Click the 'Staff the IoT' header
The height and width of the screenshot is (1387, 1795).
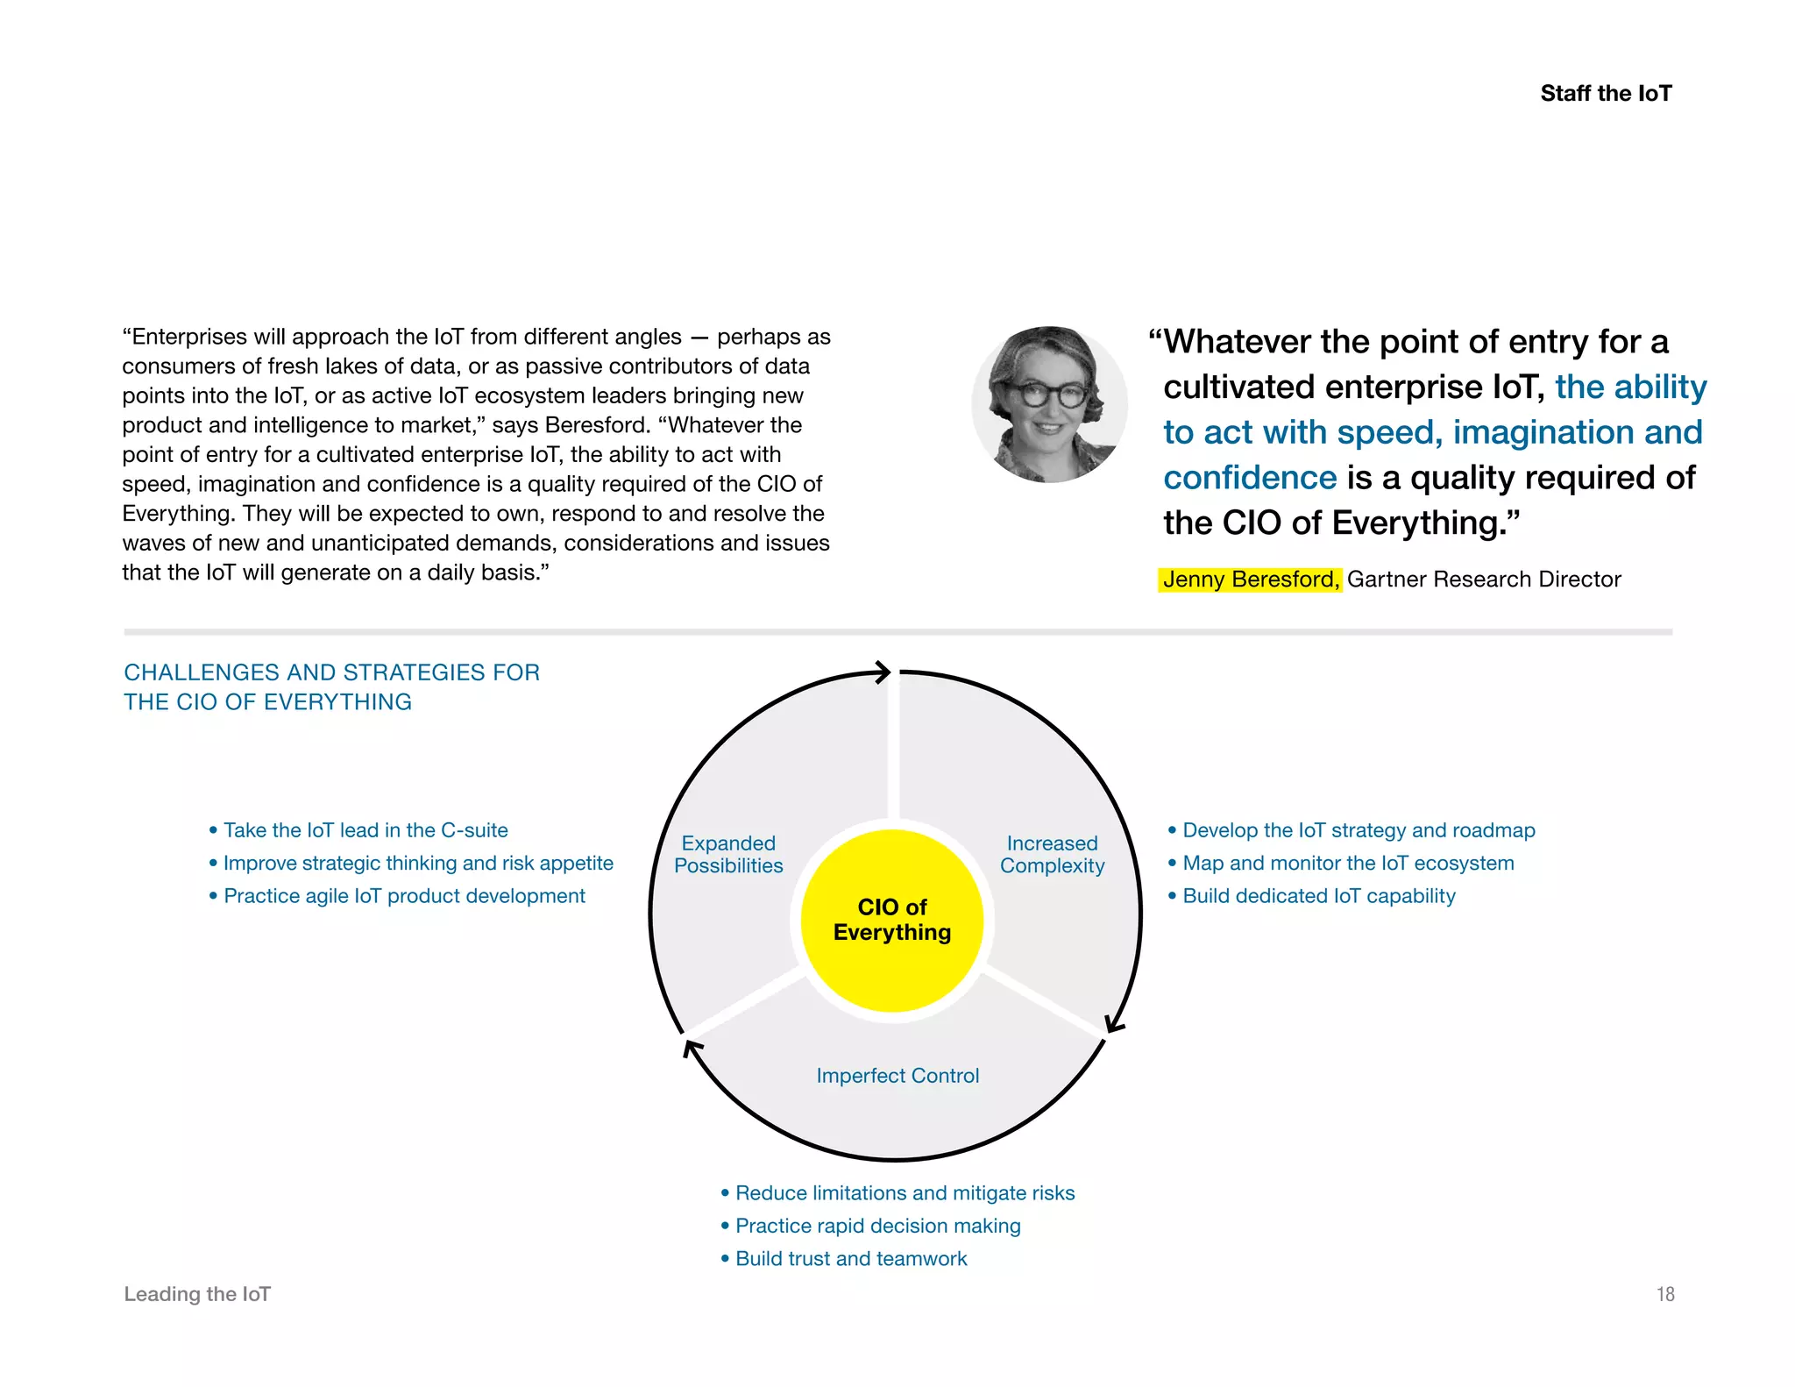click(1606, 93)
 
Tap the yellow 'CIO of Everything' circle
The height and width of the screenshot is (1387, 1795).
click(892, 920)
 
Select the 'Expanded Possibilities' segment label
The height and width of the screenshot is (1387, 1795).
click(728, 854)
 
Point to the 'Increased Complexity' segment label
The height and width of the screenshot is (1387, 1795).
click(1052, 854)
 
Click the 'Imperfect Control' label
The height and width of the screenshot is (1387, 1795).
click(897, 1075)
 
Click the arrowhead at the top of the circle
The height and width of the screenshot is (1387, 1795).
click(883, 672)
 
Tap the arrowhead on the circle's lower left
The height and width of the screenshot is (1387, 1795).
click(692, 1047)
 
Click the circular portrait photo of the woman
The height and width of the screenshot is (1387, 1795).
click(1049, 404)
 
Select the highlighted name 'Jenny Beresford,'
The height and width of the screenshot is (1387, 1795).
click(1250, 580)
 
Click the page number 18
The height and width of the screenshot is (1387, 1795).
click(1664, 1294)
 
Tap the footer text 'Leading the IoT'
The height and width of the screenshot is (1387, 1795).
click(197, 1294)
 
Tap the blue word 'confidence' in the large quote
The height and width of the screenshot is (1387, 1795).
click(1249, 478)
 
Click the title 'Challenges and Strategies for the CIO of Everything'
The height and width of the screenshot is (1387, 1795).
click(331, 686)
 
